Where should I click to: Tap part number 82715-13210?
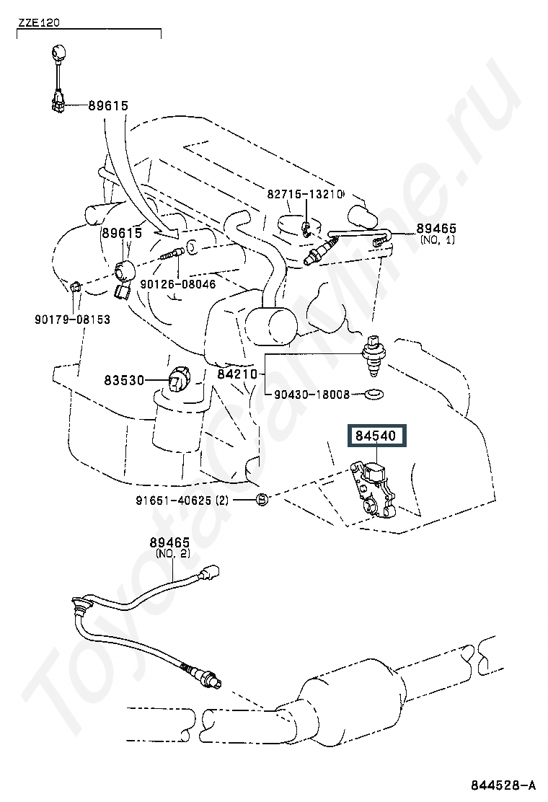pos(305,194)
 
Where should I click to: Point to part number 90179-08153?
pos(72,319)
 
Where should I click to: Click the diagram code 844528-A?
pos(504,785)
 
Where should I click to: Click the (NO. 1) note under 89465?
pos(437,239)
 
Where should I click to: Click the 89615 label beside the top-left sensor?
pos(108,105)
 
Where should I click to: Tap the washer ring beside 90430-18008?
pos(374,395)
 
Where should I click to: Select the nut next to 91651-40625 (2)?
pos(263,499)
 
